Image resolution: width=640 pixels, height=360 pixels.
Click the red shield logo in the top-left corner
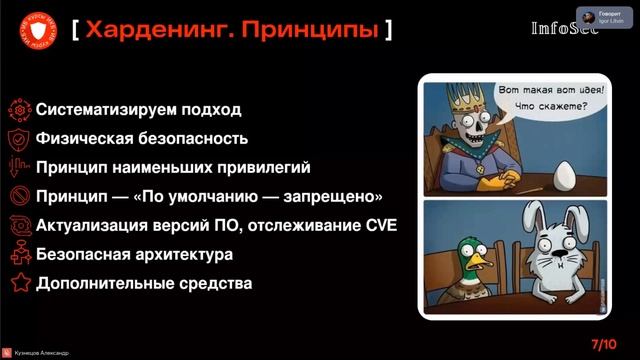pos(37,31)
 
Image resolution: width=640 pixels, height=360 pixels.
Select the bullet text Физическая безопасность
pos(142,138)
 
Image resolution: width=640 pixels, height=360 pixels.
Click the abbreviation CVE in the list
pos(376,225)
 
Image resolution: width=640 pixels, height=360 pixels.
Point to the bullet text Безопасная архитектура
pos(135,254)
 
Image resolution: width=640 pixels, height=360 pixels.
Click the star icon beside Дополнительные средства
pos(18,283)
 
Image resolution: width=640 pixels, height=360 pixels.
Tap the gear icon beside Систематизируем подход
pos(18,109)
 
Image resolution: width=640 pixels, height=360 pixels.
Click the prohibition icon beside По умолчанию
pos(18,196)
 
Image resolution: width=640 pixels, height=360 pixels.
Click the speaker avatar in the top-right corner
pos(584,14)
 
